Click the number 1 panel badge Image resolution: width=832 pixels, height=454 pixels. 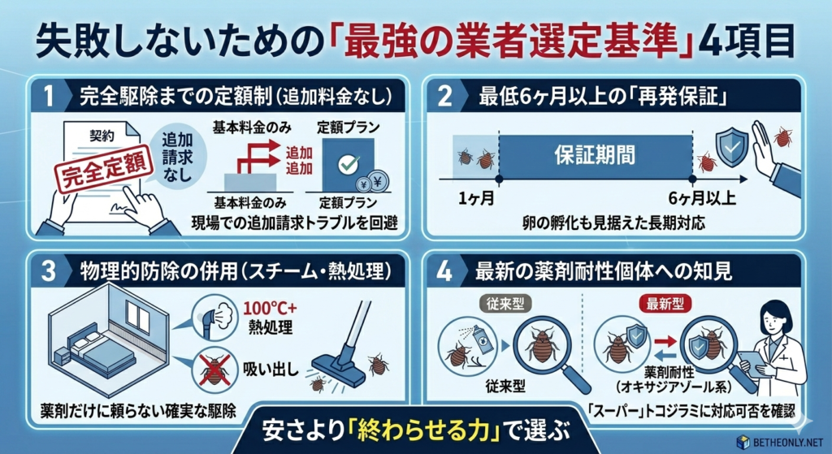[x=48, y=97]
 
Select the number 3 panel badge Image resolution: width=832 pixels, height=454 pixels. [x=48, y=270]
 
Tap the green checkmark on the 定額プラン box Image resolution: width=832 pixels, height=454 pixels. [x=349, y=162]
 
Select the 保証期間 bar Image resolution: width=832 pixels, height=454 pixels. [x=595, y=153]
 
